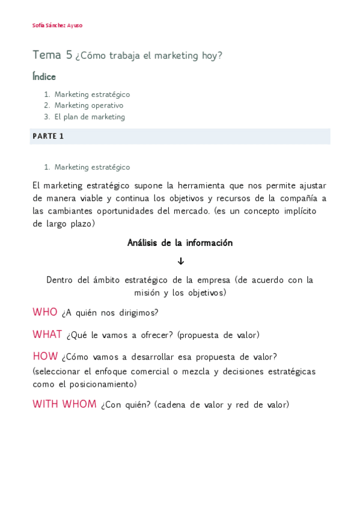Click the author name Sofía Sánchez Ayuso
(57, 25)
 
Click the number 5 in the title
(69, 55)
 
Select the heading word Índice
(44, 77)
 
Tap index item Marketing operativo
(89, 105)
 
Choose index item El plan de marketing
(90, 117)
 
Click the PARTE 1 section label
(48, 137)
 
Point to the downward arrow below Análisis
(180, 261)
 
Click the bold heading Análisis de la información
(180, 243)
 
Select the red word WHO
(45, 312)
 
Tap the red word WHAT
(47, 334)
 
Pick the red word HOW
(45, 356)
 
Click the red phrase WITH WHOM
(64, 404)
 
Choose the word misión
(148, 293)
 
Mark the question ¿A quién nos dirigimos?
(110, 313)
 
